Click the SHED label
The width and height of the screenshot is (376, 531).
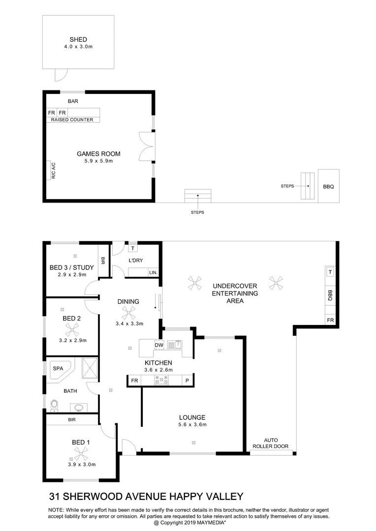(x=78, y=39)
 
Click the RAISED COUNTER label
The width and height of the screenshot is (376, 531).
(x=72, y=119)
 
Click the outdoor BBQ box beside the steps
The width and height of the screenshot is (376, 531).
(x=328, y=186)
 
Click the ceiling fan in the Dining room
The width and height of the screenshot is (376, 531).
(x=128, y=312)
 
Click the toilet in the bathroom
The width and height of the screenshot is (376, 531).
(x=55, y=405)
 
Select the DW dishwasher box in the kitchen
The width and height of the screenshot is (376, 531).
(x=159, y=345)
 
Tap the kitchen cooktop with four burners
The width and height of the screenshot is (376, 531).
(x=161, y=380)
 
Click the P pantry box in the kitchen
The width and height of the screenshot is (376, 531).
(x=188, y=381)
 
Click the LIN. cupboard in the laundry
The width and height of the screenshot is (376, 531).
(x=153, y=272)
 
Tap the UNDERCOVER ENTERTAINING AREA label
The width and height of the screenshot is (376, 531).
(x=235, y=293)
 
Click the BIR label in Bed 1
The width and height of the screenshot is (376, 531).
(x=72, y=420)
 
